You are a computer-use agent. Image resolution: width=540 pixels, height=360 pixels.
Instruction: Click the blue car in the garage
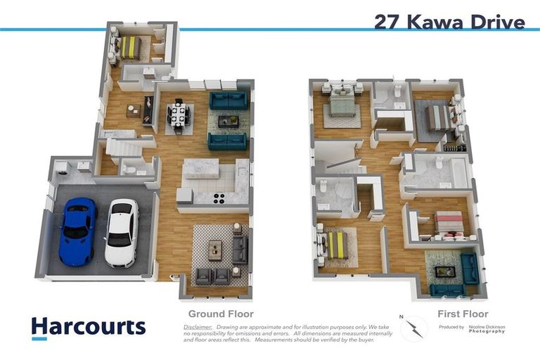pyautogui.click(x=77, y=231)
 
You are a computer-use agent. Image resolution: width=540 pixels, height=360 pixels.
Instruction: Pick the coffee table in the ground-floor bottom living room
pyautogui.click(x=215, y=250)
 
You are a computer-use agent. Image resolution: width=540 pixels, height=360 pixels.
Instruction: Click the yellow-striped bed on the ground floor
pyautogui.click(x=130, y=48)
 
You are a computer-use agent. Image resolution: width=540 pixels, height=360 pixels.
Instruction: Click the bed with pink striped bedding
pyautogui.click(x=447, y=224)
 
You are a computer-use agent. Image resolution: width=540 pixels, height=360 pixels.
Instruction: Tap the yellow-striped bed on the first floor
pyautogui.click(x=336, y=245)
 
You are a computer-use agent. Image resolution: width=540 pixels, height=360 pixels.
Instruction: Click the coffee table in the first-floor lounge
pyautogui.click(x=444, y=271)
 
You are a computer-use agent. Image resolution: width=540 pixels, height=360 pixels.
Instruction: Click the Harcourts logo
pyautogui.click(x=88, y=327)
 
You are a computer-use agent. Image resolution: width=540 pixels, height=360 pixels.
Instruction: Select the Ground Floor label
pyautogui.click(x=220, y=314)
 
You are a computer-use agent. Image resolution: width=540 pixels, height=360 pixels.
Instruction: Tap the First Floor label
pyautogui.click(x=463, y=314)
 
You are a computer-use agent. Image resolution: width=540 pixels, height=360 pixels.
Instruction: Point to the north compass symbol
pyautogui.click(x=414, y=328)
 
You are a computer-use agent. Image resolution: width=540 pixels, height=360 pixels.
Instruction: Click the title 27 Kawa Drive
pyautogui.click(x=449, y=22)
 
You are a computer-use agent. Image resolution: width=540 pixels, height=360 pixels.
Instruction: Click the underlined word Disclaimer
pyautogui.click(x=198, y=327)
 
